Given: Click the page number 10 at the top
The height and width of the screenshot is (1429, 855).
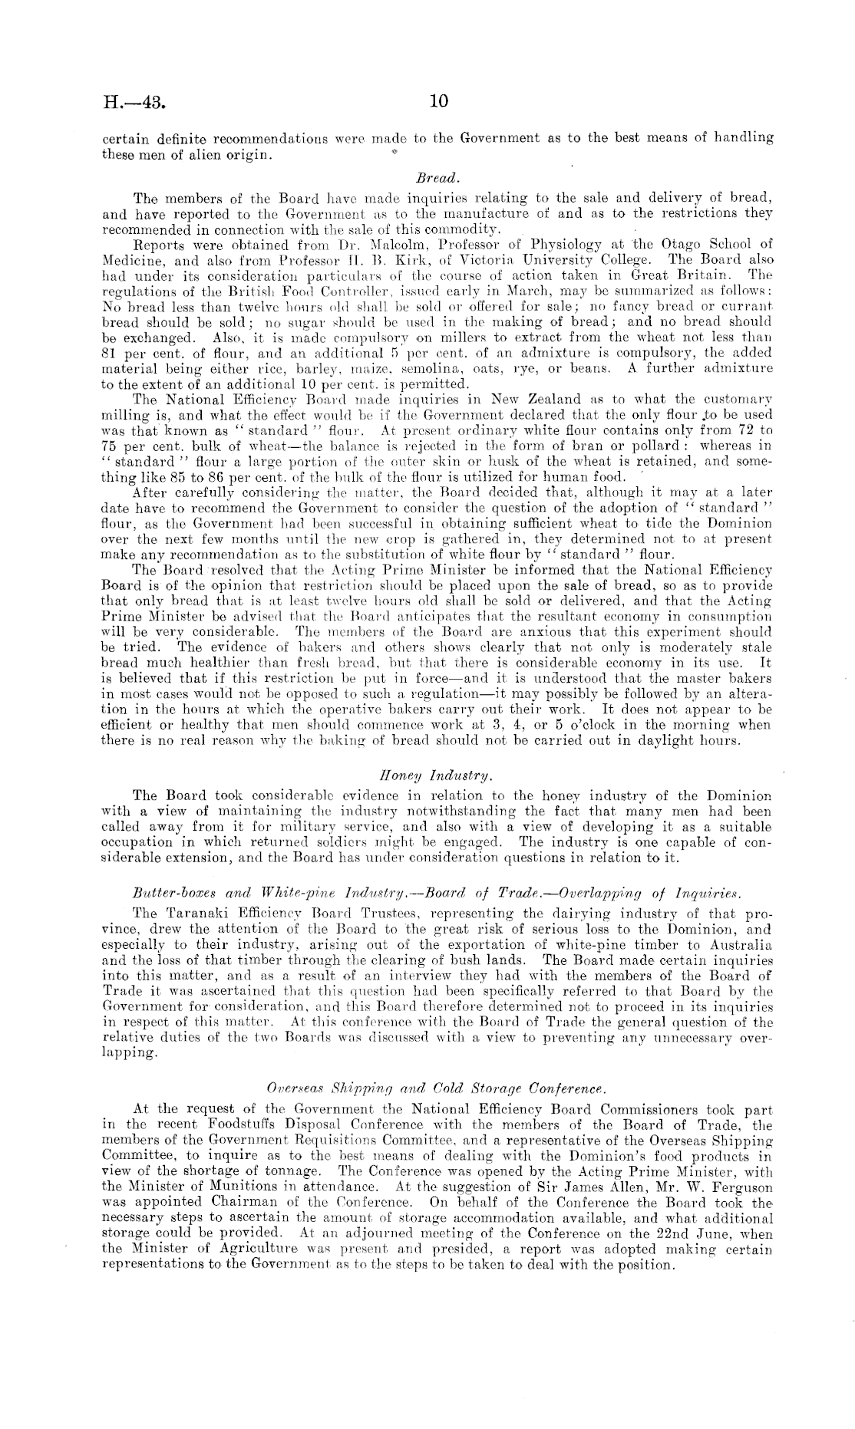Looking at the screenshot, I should pyautogui.click(x=438, y=101).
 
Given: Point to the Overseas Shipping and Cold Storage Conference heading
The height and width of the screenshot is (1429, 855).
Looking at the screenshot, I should pyautogui.click(x=436, y=1088).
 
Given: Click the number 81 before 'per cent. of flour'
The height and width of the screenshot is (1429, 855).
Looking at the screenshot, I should pyautogui.click(x=109, y=354).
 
